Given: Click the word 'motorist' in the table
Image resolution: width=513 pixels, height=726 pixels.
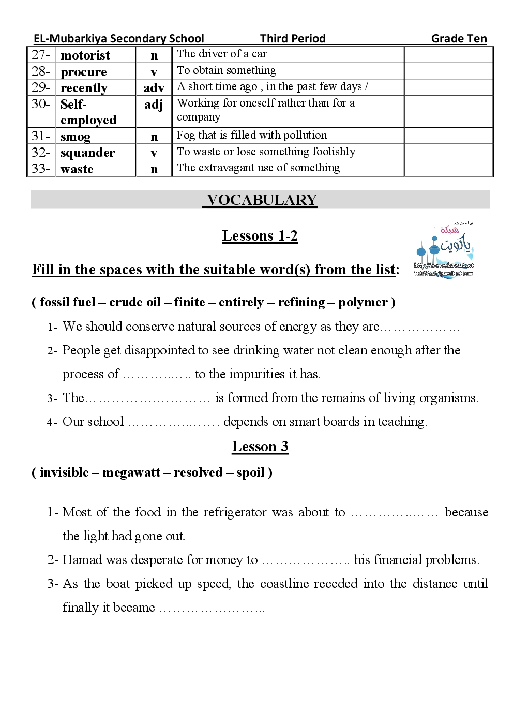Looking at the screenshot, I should coord(85,55).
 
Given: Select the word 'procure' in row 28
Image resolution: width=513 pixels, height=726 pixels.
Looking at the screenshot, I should coord(84,72).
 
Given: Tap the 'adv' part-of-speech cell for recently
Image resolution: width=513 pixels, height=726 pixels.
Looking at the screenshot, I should coord(154,88).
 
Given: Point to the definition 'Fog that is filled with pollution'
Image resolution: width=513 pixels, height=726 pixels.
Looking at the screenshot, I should coord(252,135).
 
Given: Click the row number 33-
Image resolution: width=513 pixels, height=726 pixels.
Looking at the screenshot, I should coord(41,169).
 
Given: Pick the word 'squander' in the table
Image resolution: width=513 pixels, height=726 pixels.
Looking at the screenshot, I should coord(88,153).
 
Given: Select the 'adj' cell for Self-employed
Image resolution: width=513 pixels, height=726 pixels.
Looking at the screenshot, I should coord(154,105).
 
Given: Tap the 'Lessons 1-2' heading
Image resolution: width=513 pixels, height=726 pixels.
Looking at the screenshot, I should coord(260,236).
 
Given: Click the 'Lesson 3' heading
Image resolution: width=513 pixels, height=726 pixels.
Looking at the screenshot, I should coord(260,447).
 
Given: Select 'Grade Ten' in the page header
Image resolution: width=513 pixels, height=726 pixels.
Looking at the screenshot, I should coord(459,39).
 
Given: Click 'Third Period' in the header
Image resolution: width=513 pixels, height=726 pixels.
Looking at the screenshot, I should coord(293,39).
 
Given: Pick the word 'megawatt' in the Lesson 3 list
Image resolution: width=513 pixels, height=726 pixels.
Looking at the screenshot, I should coord(131,472).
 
